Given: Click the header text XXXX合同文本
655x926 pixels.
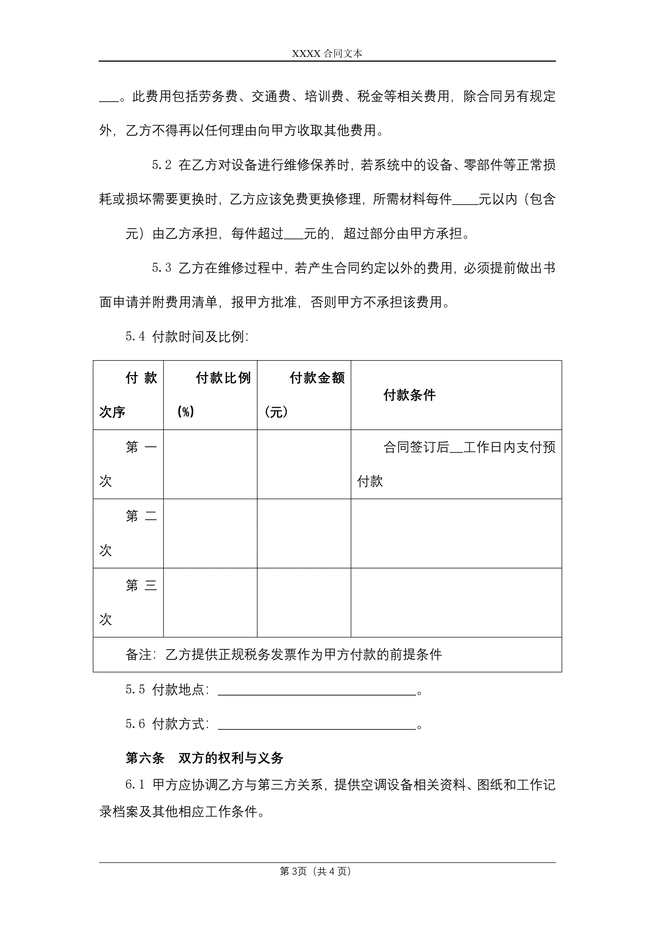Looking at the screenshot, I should click(x=327, y=54).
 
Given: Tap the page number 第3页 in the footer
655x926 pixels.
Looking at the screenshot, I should click(x=293, y=872).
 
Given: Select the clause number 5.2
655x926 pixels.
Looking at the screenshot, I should click(x=161, y=165).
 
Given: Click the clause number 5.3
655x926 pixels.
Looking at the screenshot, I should click(x=161, y=268).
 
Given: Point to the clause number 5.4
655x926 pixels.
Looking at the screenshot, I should click(x=135, y=336).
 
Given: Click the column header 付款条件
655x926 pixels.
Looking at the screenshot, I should click(x=410, y=395).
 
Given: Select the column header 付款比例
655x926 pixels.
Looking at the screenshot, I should click(x=223, y=378).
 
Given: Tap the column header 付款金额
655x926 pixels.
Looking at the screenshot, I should click(x=317, y=378).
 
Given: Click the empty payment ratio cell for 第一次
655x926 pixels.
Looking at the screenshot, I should click(x=210, y=464).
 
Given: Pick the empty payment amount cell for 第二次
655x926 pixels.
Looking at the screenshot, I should click(x=304, y=534).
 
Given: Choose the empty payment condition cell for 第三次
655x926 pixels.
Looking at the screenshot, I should click(x=456, y=603).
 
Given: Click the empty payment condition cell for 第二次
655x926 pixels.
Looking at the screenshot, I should click(x=456, y=534).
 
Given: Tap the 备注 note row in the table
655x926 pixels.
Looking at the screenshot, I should click(x=284, y=654).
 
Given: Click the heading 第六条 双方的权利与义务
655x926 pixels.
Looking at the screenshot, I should click(x=204, y=758).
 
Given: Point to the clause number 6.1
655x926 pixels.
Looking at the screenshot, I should click(x=135, y=785).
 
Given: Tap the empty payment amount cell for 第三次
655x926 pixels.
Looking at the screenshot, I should click(x=304, y=603).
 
